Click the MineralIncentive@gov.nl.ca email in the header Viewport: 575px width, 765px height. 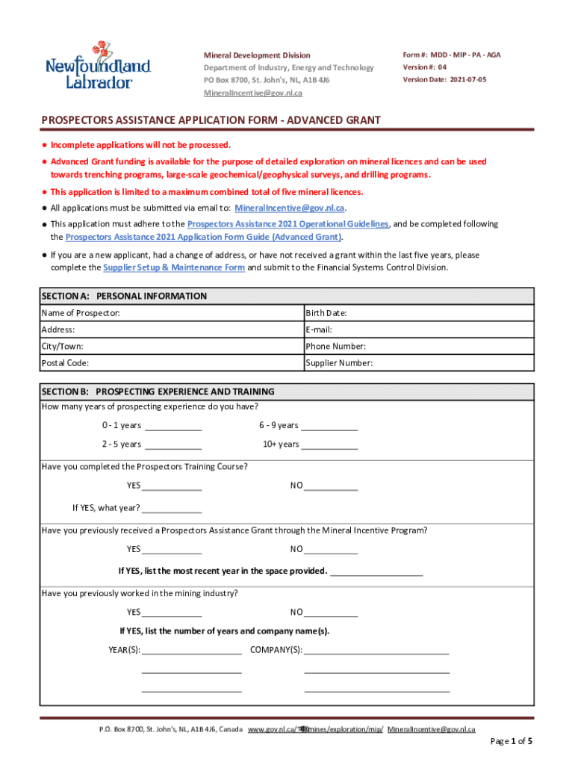pos(253,93)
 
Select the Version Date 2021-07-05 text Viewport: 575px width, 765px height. pos(444,79)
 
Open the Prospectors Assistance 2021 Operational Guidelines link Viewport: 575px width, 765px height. pos(287,224)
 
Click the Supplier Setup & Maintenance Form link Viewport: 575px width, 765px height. pos(173,267)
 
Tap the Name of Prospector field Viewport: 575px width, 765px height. pos(209,313)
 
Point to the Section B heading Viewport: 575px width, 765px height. pos(158,391)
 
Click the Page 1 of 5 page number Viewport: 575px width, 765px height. pos(511,741)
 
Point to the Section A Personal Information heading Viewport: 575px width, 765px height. pos(124,296)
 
